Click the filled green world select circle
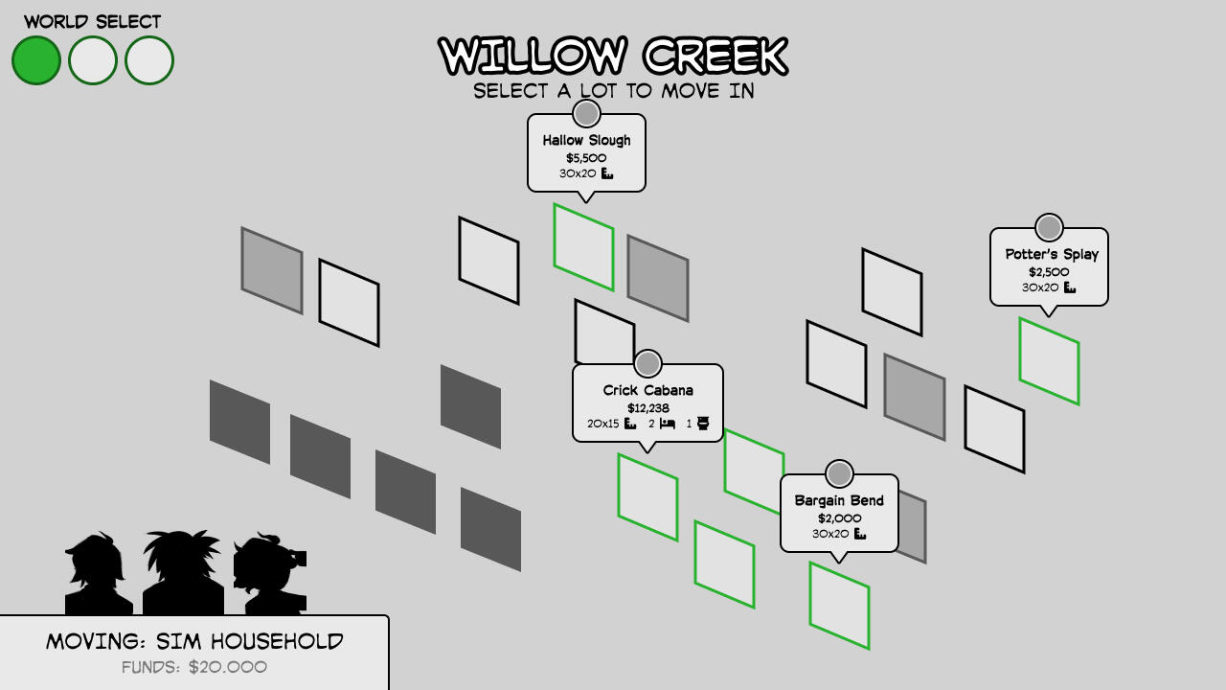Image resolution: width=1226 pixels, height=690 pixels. [x=36, y=60]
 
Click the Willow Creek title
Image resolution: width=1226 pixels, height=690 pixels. [x=613, y=56]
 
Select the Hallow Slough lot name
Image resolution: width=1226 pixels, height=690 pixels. [x=586, y=140]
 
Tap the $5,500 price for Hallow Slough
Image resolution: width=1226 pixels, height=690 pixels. [x=586, y=158]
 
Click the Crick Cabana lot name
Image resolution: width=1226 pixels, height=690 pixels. [x=647, y=390]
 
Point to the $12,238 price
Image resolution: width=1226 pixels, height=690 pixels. [x=647, y=408]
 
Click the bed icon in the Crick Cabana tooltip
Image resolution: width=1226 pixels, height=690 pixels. [x=668, y=424]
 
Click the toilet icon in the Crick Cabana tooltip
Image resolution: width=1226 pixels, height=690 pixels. [x=703, y=424]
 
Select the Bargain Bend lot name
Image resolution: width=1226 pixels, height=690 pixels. [x=839, y=500]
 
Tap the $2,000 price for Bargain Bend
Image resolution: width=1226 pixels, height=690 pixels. [x=839, y=518]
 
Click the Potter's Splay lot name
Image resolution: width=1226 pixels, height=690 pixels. [x=1052, y=254]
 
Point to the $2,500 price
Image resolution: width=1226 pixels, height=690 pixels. [x=1049, y=272]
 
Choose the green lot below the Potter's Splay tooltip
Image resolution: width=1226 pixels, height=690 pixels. [x=1049, y=361]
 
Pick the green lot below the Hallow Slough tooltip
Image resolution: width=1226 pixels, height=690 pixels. [x=583, y=247]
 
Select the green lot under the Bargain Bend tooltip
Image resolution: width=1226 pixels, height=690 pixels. [x=839, y=606]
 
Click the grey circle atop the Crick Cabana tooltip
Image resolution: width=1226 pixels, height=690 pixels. [x=647, y=364]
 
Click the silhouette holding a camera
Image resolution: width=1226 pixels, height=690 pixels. [x=272, y=575]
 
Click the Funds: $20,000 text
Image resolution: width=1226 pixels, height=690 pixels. [x=194, y=667]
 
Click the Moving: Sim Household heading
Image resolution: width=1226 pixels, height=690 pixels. [x=194, y=641]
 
